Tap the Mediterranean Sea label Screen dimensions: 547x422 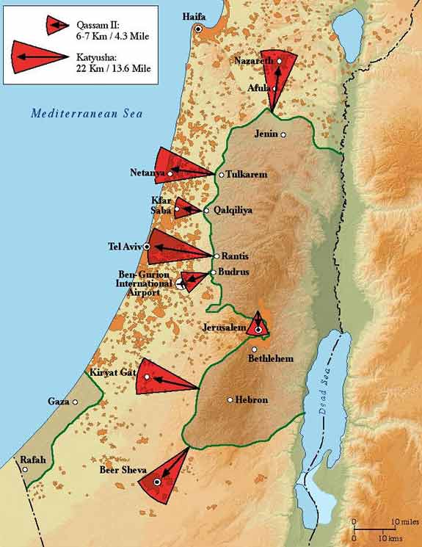87,114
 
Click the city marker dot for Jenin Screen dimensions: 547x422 283,134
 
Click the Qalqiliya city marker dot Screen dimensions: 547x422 206,211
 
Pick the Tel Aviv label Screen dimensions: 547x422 125,246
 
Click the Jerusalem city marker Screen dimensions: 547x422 258,330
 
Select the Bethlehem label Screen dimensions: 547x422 270,359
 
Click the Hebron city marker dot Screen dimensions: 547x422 230,400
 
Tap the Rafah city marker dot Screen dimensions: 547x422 26,469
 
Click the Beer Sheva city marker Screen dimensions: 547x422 157,482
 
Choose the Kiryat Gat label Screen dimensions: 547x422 112,373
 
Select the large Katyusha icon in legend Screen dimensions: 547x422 37,57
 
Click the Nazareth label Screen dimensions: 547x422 252,61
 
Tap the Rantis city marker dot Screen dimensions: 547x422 217,256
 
